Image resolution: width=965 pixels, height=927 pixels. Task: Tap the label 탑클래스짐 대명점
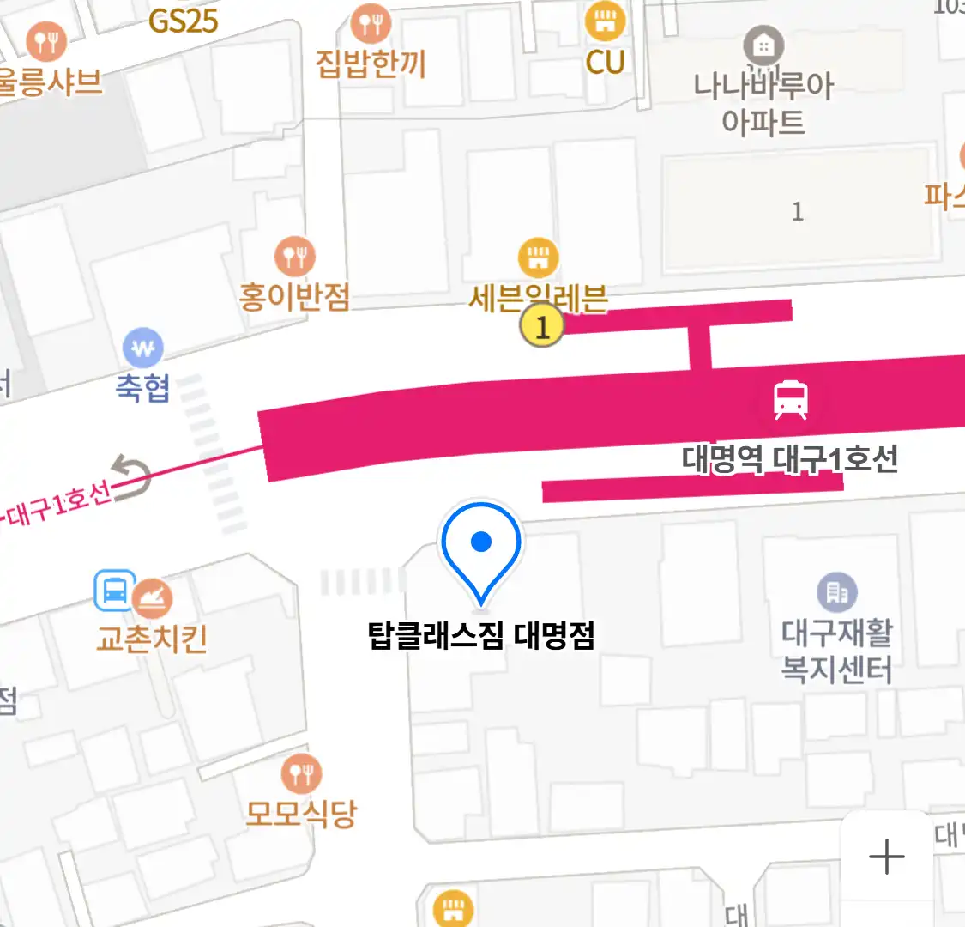point(481,636)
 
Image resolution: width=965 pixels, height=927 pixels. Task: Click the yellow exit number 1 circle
point(541,327)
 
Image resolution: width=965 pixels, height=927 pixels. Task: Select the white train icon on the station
point(790,400)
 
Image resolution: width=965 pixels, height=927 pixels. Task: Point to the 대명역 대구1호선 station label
point(790,459)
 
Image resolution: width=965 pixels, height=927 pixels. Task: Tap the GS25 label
point(183,21)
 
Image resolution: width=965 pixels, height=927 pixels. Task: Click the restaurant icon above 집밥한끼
point(371,23)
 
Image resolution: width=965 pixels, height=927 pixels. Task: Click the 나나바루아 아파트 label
point(763,103)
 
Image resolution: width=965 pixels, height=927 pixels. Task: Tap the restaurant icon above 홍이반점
point(294,256)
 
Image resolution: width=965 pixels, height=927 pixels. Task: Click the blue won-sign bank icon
point(143,348)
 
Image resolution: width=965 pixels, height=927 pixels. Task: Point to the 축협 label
point(143,388)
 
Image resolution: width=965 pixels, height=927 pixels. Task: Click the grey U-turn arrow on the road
point(132,477)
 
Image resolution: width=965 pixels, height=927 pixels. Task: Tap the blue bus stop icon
point(115,591)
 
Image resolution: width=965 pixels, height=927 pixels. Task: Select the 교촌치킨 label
point(152,639)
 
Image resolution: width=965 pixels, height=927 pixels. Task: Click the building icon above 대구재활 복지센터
point(836,592)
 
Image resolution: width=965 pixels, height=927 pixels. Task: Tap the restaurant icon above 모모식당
point(301,774)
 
